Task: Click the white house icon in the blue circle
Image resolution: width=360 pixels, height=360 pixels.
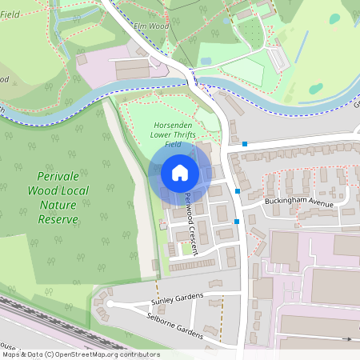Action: [180, 173]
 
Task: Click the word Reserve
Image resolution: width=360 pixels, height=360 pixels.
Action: [58, 219]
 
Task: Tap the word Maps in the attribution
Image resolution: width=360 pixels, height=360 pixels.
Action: [11, 354]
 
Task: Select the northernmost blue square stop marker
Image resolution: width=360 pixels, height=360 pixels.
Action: [245, 145]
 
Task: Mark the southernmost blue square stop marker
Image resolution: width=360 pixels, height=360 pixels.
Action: [237, 221]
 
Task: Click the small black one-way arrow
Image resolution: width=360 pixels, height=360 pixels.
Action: [348, 339]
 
